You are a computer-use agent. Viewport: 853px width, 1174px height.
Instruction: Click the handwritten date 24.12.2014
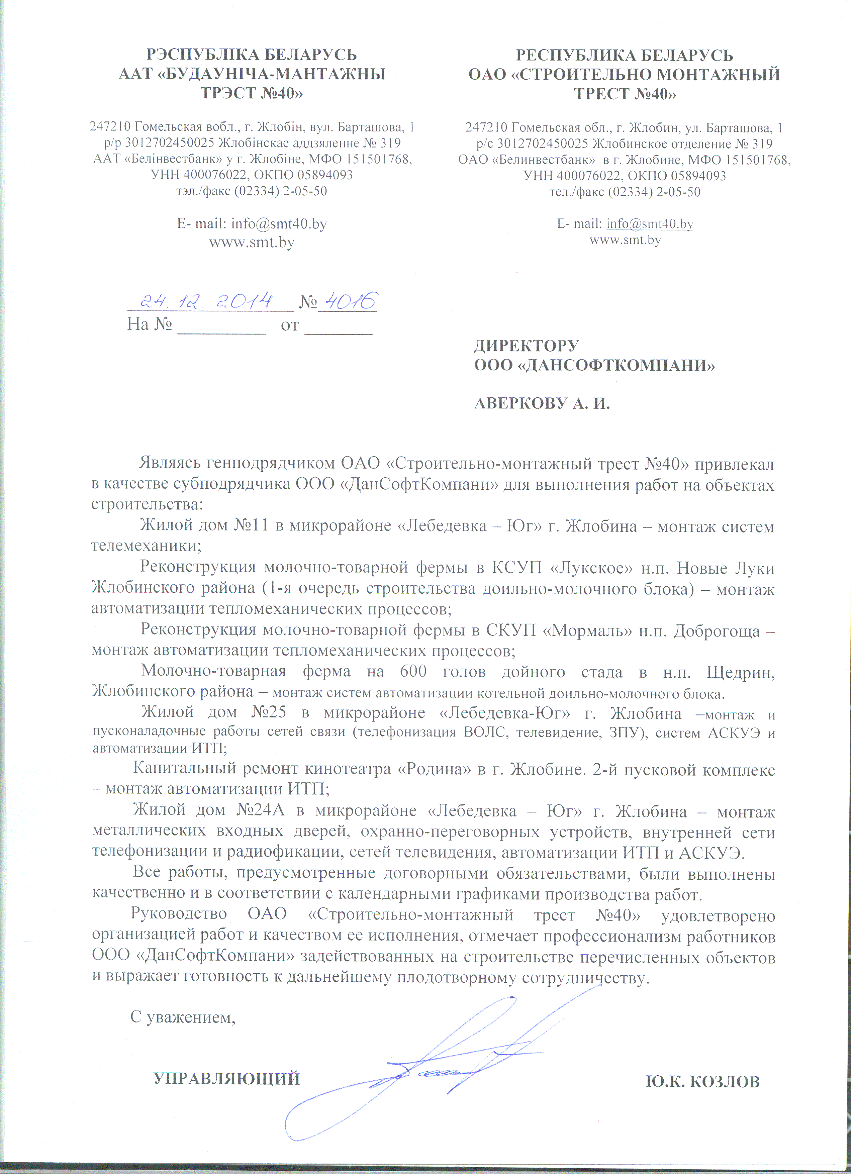(207, 300)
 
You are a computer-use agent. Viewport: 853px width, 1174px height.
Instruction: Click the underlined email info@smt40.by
(650, 224)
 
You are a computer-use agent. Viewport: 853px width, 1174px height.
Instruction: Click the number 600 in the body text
(413, 671)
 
